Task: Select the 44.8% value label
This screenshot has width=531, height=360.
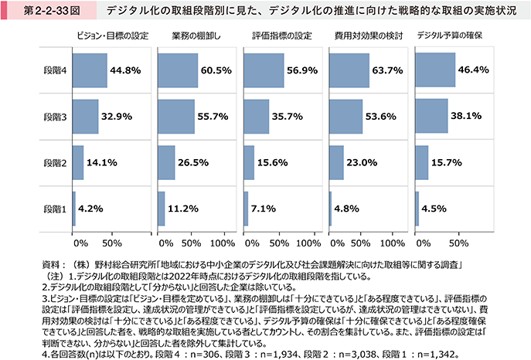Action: pyautogui.click(x=125, y=70)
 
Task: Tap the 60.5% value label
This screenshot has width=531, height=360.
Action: pyautogui.click(x=216, y=70)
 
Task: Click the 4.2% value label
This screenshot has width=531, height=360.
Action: pyautogui.click(x=91, y=208)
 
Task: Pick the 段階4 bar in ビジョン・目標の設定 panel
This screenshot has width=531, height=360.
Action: pyautogui.click(x=90, y=70)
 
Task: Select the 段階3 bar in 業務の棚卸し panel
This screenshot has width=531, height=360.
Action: pyautogui.click(x=176, y=116)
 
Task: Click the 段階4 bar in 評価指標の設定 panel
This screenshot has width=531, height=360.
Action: pyautogui.click(x=263, y=70)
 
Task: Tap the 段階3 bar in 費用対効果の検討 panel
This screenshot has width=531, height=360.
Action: pyautogui.click(x=345, y=116)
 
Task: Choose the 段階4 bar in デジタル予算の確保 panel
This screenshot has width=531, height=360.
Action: pyautogui.click(x=432, y=70)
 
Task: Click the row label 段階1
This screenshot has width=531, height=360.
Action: pyautogui.click(x=54, y=208)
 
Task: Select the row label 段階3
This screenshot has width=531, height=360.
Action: pyautogui.click(x=54, y=116)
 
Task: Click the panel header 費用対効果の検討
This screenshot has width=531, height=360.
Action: pyautogui.click(x=365, y=36)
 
